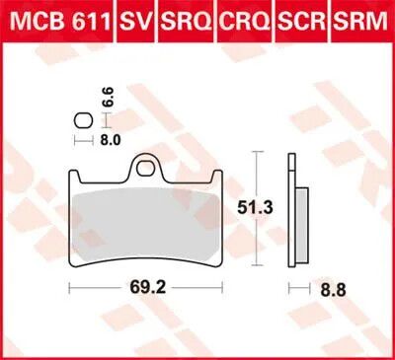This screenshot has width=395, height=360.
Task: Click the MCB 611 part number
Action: tap(59, 22)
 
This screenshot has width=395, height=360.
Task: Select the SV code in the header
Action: tap(135, 22)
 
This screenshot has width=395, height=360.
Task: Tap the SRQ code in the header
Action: tap(187, 22)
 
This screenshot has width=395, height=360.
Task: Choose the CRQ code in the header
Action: tap(245, 22)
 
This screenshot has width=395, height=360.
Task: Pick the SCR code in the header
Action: tap(302, 22)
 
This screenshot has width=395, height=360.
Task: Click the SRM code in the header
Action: tap(360, 22)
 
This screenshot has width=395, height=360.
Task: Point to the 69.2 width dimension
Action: tap(148, 288)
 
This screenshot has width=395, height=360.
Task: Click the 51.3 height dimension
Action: tap(256, 208)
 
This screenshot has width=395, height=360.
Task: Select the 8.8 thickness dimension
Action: tap(334, 290)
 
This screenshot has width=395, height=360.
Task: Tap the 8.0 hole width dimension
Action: tap(111, 141)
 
